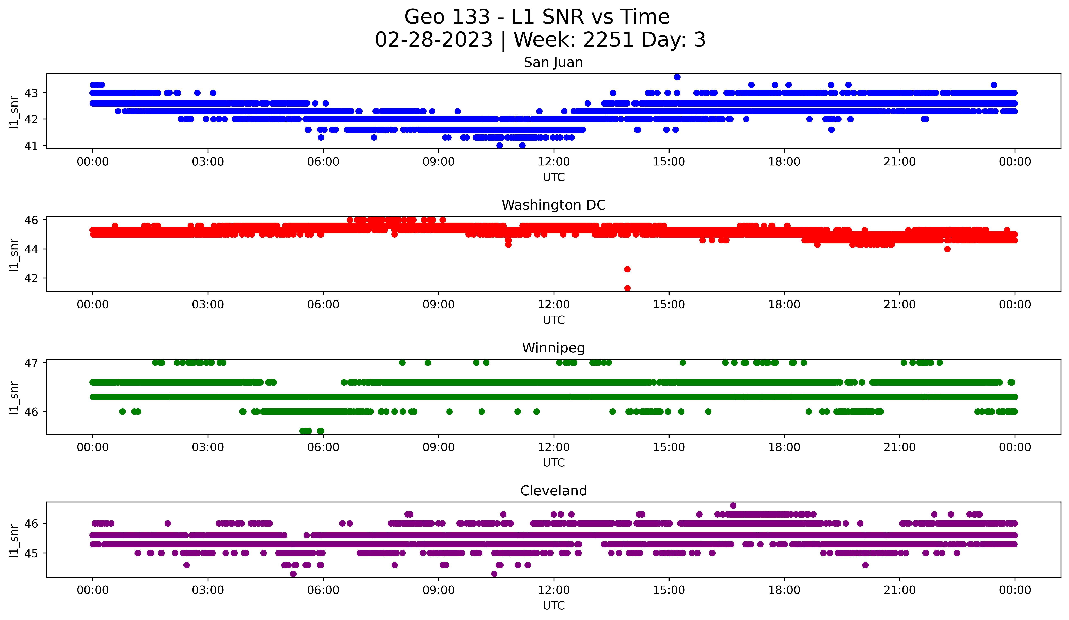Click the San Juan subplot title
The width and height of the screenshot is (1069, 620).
pyautogui.click(x=553, y=62)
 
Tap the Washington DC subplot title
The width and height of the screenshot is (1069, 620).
pyautogui.click(x=553, y=205)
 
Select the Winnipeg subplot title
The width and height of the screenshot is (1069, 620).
pyautogui.click(x=553, y=348)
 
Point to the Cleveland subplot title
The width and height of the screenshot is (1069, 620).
pyautogui.click(x=553, y=491)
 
